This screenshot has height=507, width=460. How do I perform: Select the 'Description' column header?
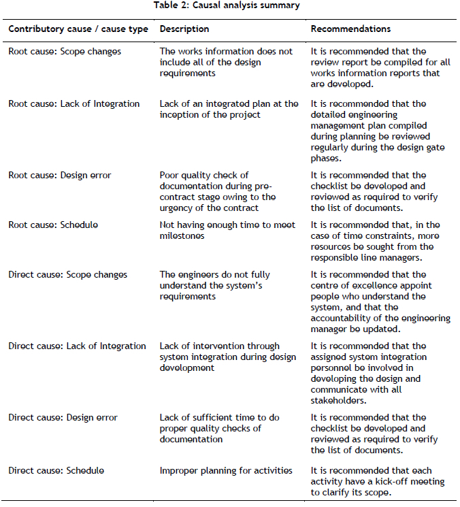click(x=184, y=29)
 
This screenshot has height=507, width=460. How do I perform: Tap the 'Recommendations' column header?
click(x=350, y=29)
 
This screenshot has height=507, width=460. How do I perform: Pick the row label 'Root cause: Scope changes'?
click(x=65, y=51)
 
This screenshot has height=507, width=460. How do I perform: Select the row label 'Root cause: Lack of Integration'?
click(x=74, y=104)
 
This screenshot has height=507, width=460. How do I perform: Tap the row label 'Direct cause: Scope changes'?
click(x=67, y=275)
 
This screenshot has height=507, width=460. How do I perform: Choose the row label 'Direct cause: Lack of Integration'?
click(x=77, y=346)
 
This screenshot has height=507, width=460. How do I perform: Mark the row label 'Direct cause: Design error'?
click(x=63, y=417)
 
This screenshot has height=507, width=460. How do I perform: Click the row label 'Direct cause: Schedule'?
click(x=56, y=470)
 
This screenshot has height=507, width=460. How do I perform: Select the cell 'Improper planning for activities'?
click(x=226, y=470)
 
